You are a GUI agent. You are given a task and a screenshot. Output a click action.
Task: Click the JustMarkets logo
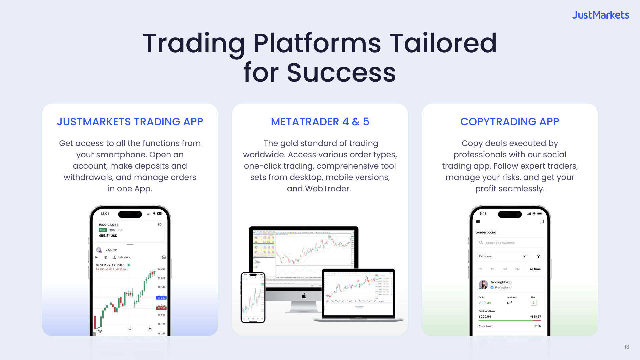point(601,15)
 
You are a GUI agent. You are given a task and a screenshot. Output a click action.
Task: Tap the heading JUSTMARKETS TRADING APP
point(130,122)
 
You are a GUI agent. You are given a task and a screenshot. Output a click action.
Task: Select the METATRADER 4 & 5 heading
point(320,122)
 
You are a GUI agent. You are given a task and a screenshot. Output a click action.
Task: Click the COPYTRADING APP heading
point(510,122)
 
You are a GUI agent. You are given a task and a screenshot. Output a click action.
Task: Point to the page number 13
point(627,347)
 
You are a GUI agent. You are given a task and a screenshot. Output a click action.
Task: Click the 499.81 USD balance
point(108,236)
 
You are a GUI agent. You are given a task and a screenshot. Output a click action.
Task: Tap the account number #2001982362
point(108,225)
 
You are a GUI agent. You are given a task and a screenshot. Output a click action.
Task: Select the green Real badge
point(103,230)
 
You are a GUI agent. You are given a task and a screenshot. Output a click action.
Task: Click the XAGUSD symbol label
point(111,250)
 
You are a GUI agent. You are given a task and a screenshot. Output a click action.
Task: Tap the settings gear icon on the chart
point(164,257)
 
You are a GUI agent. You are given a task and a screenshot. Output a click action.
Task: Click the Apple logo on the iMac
point(304,296)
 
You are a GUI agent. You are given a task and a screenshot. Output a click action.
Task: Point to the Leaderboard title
point(486,232)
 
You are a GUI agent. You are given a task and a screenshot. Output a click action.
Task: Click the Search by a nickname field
point(510,243)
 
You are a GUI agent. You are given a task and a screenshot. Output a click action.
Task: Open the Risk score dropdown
point(502,256)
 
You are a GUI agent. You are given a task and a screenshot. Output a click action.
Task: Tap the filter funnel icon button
point(539,256)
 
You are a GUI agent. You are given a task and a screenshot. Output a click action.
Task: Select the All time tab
point(535,269)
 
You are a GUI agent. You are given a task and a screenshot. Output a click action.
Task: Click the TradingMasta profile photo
point(483,285)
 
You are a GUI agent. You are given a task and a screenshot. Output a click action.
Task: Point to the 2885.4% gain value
point(485,303)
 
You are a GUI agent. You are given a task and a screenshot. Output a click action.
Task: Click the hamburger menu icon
point(478,222)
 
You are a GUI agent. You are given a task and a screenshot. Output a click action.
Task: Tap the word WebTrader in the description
point(328,189)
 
